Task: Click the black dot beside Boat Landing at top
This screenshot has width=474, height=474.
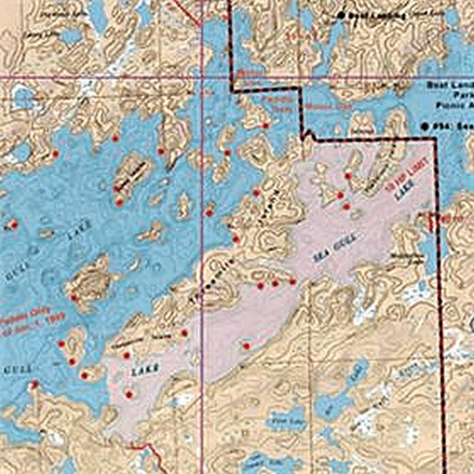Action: click(341, 15)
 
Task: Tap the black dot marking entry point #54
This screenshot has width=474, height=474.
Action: click(426, 125)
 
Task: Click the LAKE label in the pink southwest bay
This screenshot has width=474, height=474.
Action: click(145, 371)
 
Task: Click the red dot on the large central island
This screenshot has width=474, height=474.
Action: click(74, 298)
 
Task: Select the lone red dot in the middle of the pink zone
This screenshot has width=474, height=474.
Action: click(246, 346)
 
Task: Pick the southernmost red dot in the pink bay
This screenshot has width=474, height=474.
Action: click(129, 394)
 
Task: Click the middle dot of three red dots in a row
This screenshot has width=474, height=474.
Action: click(275, 283)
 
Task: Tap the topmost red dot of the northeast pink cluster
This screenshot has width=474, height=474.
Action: click(348, 176)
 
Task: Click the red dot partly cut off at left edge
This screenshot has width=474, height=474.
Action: click(13, 225)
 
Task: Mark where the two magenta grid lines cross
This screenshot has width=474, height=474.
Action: click(203, 77)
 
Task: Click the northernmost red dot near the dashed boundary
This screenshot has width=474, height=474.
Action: click(266, 125)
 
